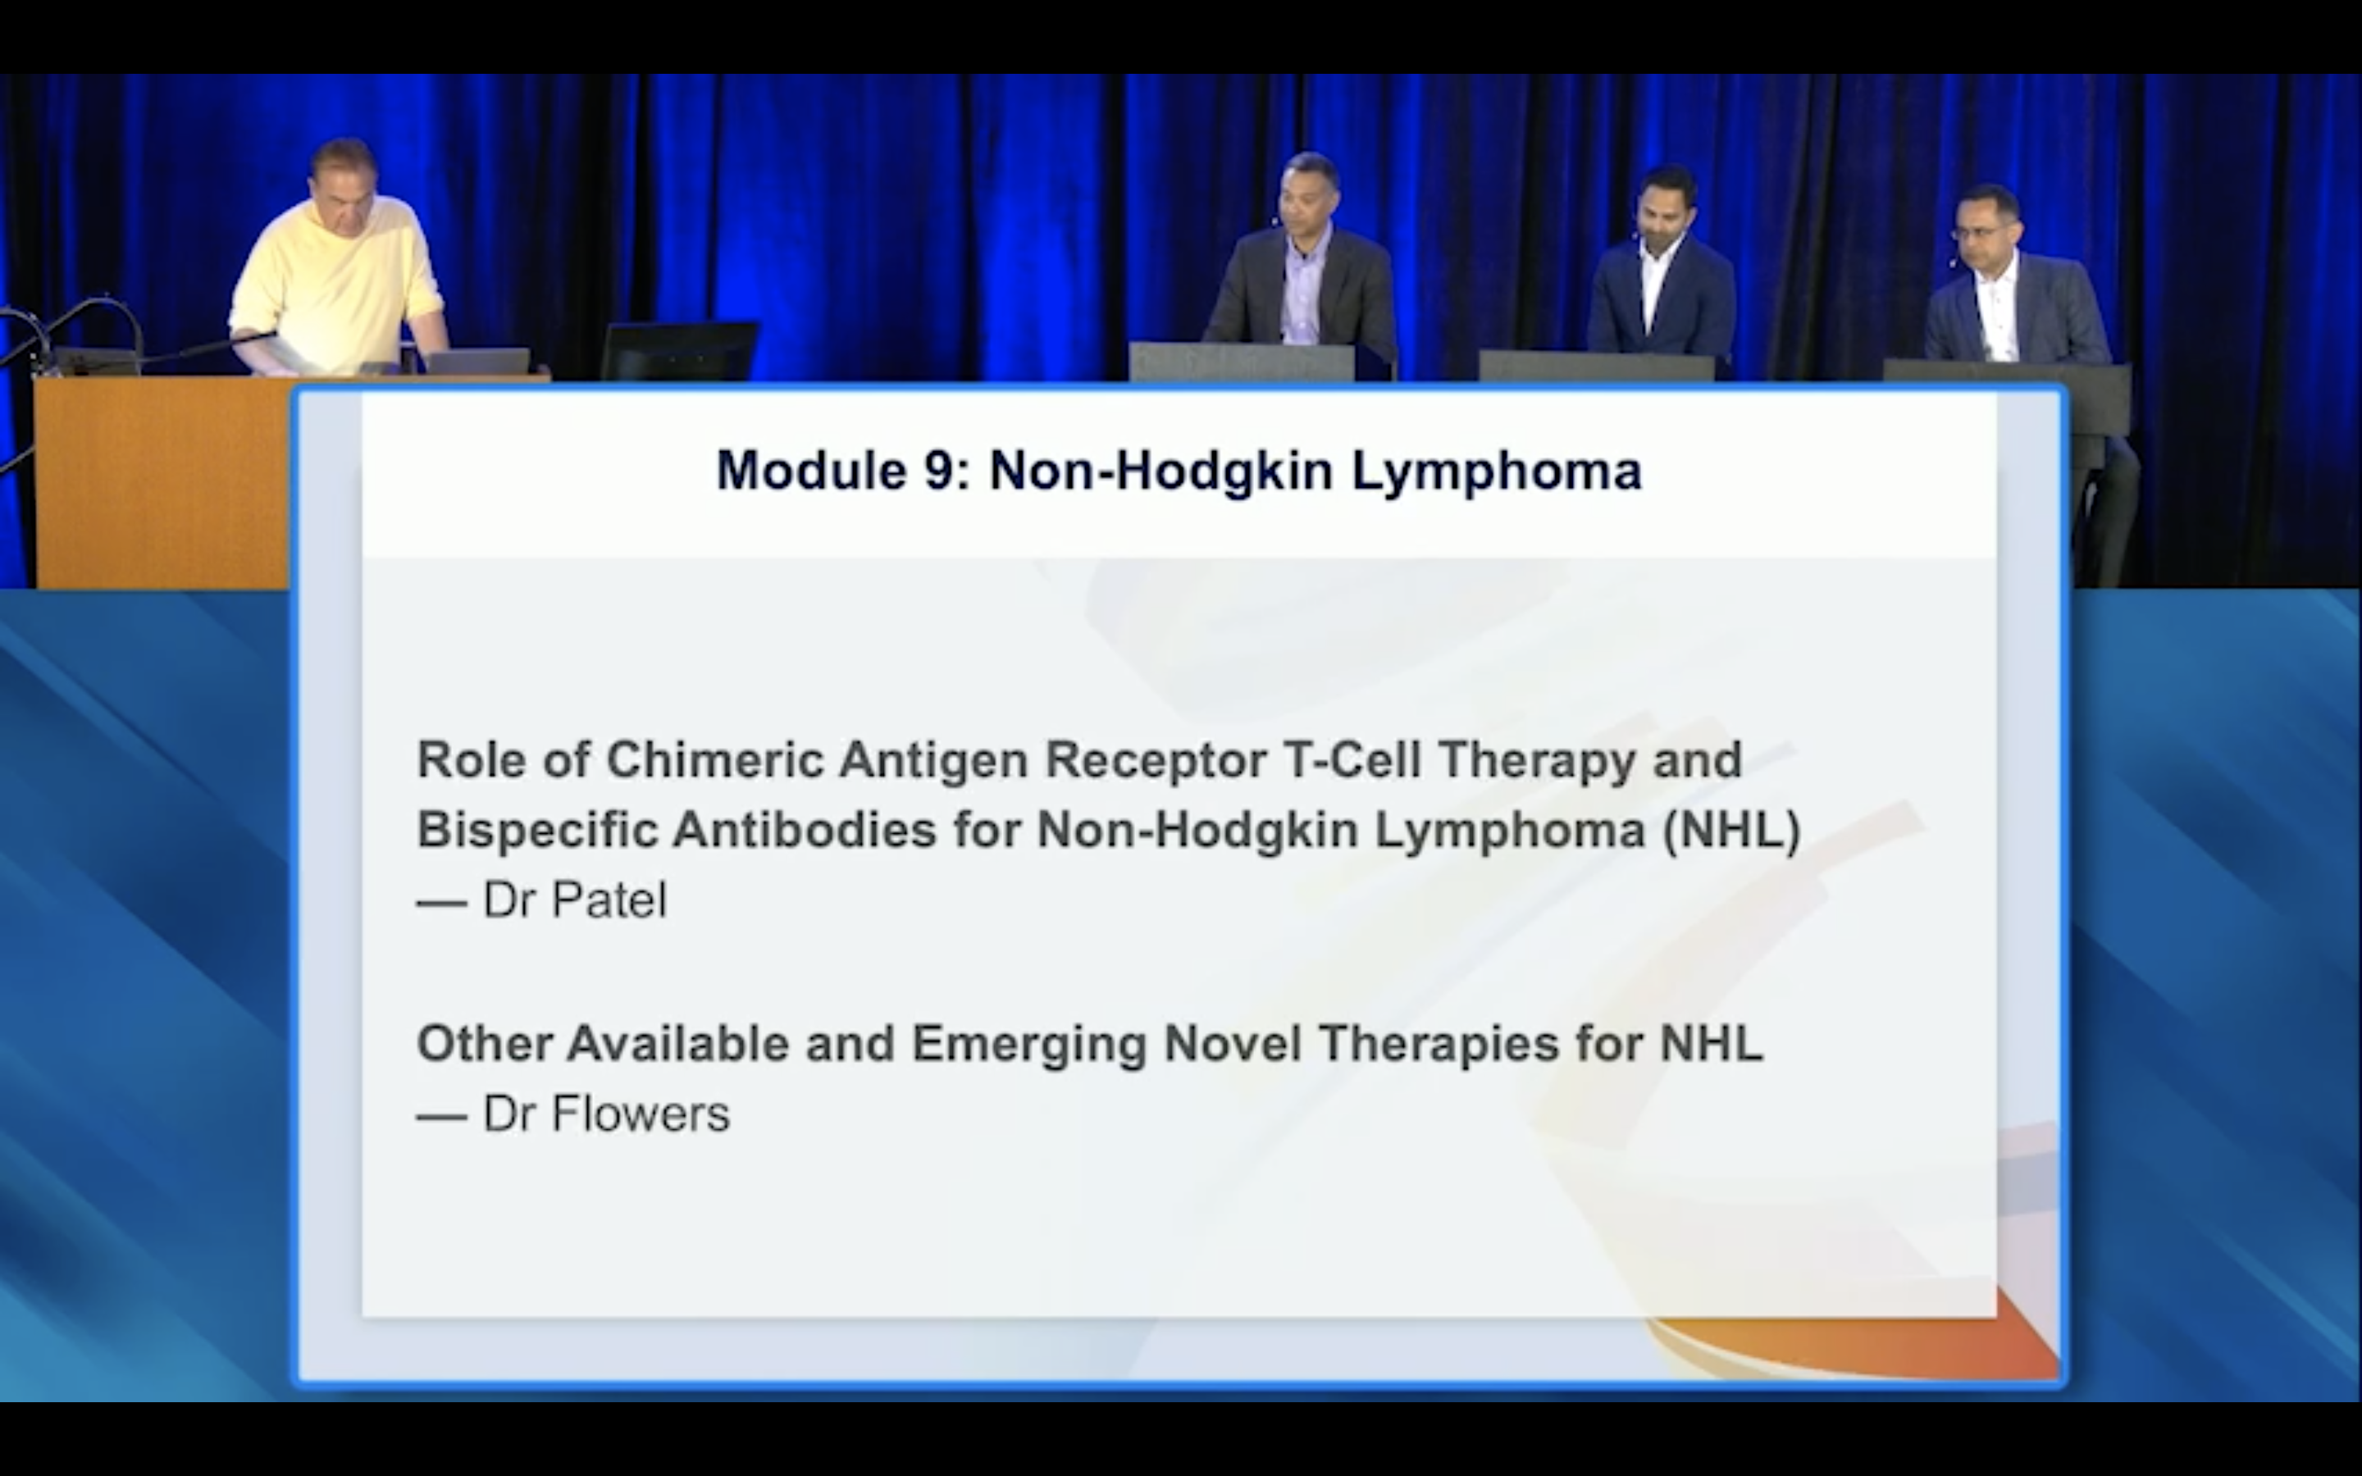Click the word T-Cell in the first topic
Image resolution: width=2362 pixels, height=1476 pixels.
click(x=1352, y=759)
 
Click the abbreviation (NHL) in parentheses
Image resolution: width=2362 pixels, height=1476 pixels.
click(x=1731, y=831)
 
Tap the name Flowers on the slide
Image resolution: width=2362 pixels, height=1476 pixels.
click(x=641, y=1114)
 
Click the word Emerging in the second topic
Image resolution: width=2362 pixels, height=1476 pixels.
click(x=1028, y=1045)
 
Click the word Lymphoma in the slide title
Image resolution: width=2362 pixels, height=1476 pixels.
click(x=1496, y=472)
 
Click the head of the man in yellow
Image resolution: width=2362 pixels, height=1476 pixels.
click(x=344, y=175)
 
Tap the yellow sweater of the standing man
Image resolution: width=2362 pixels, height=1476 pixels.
click(x=337, y=283)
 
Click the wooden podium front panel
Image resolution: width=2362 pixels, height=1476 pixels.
click(x=161, y=483)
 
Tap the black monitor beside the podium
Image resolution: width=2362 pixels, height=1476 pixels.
click(x=678, y=349)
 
